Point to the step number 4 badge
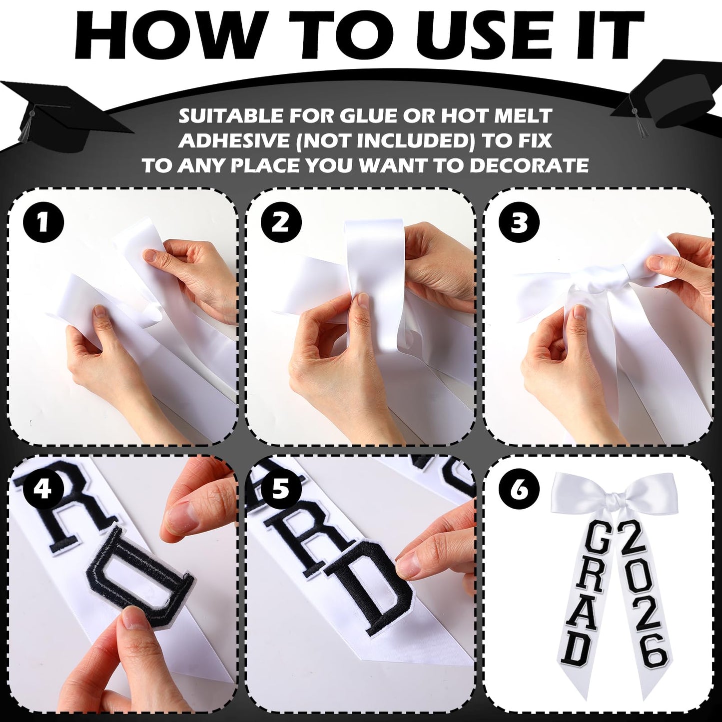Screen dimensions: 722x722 [43, 489]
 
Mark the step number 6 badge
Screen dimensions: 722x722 [519, 489]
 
